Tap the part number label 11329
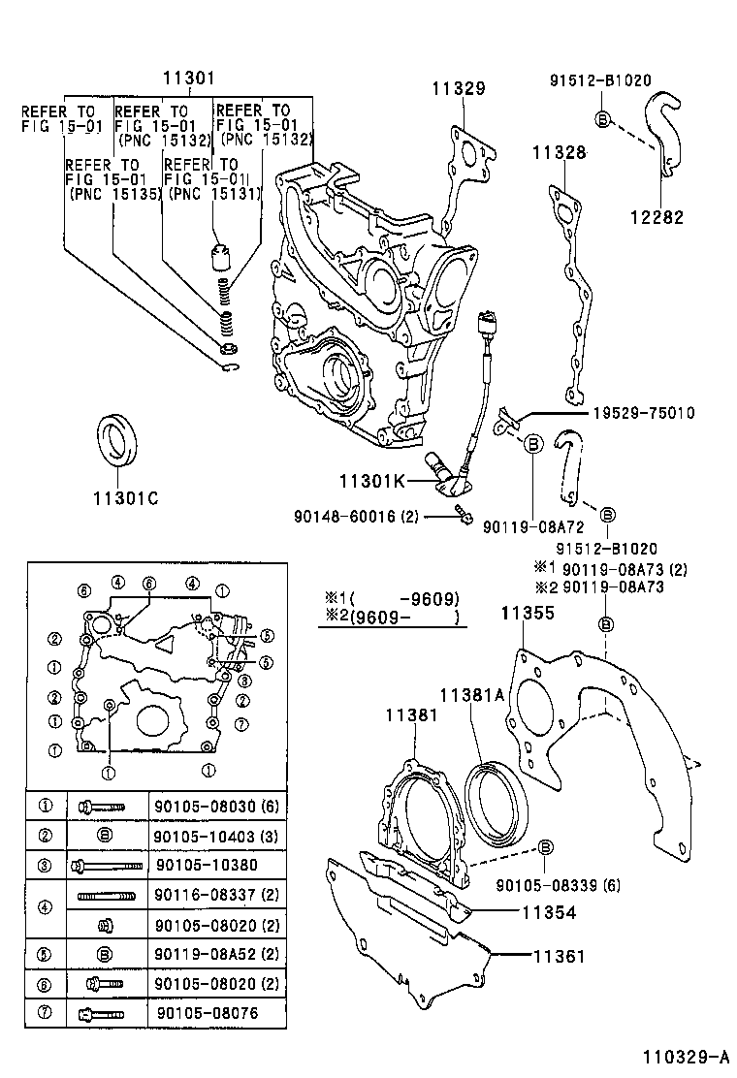tap(459, 88)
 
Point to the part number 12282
tap(657, 217)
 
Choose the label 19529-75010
tap(640, 413)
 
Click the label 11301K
tap(371, 481)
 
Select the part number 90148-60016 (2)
tap(356, 517)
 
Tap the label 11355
tap(528, 613)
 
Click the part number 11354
tap(549, 912)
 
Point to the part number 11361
tap(559, 956)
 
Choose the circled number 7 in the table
tap(45, 1014)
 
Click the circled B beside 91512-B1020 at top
tap(601, 119)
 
